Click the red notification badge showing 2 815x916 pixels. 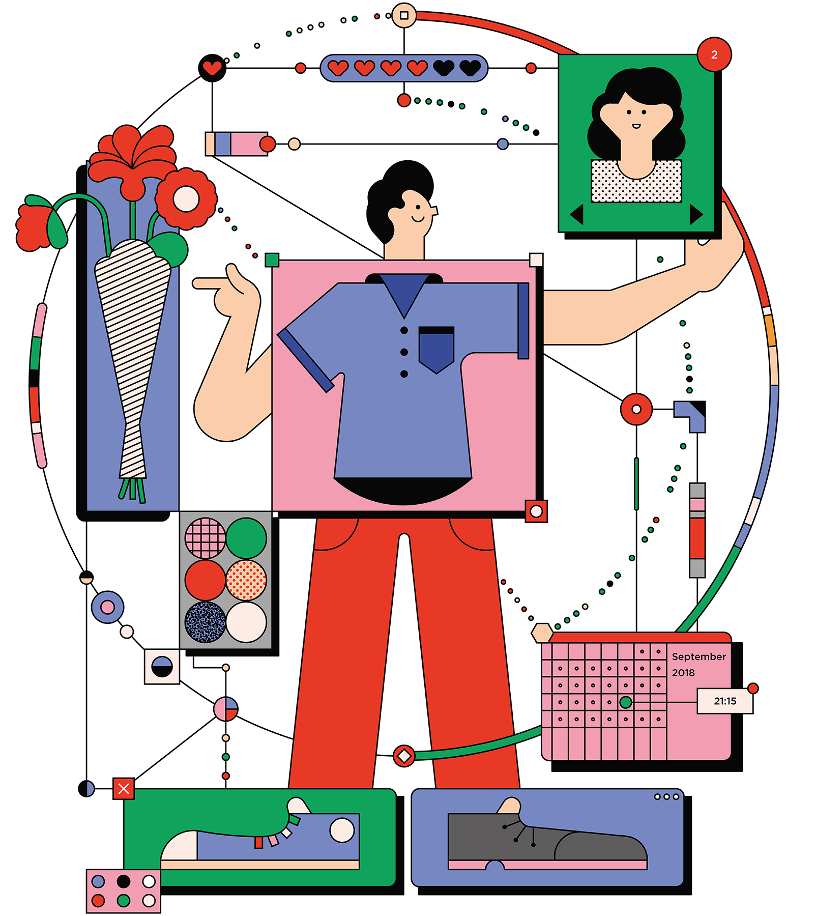[x=714, y=54]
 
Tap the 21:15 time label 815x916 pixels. [x=725, y=701]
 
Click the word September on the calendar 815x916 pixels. [x=698, y=657]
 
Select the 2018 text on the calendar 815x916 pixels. [x=683, y=673]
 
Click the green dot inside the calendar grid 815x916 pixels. [x=626, y=702]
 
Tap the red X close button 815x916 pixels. [x=124, y=789]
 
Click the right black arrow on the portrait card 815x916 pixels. [x=696, y=214]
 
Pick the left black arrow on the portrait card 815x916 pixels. [x=577, y=214]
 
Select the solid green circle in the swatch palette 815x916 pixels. [x=246, y=538]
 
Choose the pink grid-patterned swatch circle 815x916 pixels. [x=205, y=538]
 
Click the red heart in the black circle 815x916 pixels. [x=212, y=67]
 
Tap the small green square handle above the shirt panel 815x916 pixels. [x=272, y=260]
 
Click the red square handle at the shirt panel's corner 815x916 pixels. [x=536, y=511]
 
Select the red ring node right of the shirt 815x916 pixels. [x=636, y=409]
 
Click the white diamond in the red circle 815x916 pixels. [x=404, y=756]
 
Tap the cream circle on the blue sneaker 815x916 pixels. [x=342, y=830]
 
